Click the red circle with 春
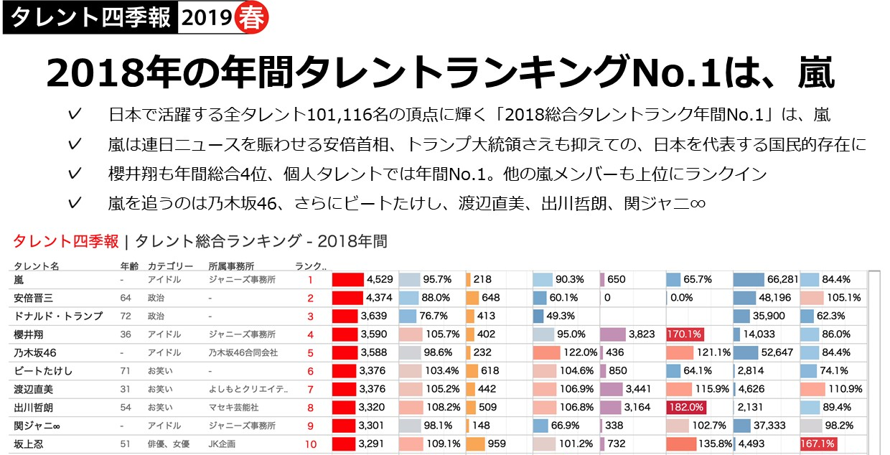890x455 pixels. (250, 19)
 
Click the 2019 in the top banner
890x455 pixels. (205, 19)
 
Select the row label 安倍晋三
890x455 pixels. (34, 298)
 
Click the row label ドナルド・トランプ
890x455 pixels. (58, 316)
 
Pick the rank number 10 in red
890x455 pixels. (310, 444)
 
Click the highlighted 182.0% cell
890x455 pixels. (685, 408)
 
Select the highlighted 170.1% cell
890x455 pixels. (685, 334)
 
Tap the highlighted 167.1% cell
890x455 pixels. (818, 444)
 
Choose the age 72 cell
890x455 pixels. (126, 316)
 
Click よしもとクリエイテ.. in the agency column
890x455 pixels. (248, 389)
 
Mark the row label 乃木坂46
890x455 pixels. (35, 352)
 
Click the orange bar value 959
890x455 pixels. (497, 444)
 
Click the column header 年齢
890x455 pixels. (129, 266)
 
